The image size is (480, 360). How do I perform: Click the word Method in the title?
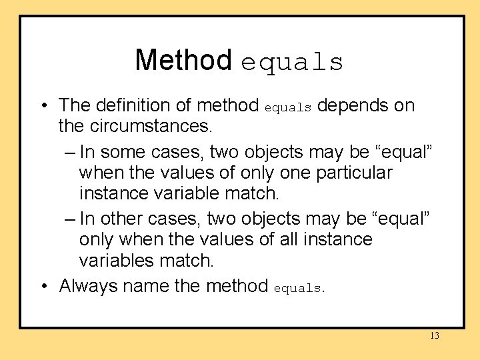(183, 60)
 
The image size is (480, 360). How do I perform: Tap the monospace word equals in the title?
(292, 63)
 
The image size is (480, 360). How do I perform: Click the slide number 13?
(435, 336)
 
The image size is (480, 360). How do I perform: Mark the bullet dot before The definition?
(43, 106)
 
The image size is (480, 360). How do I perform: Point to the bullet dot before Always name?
(43, 287)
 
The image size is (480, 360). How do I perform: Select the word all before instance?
(289, 239)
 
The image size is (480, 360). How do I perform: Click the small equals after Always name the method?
(297, 289)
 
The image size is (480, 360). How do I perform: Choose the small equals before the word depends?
(288, 107)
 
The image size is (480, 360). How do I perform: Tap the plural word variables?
(117, 259)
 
